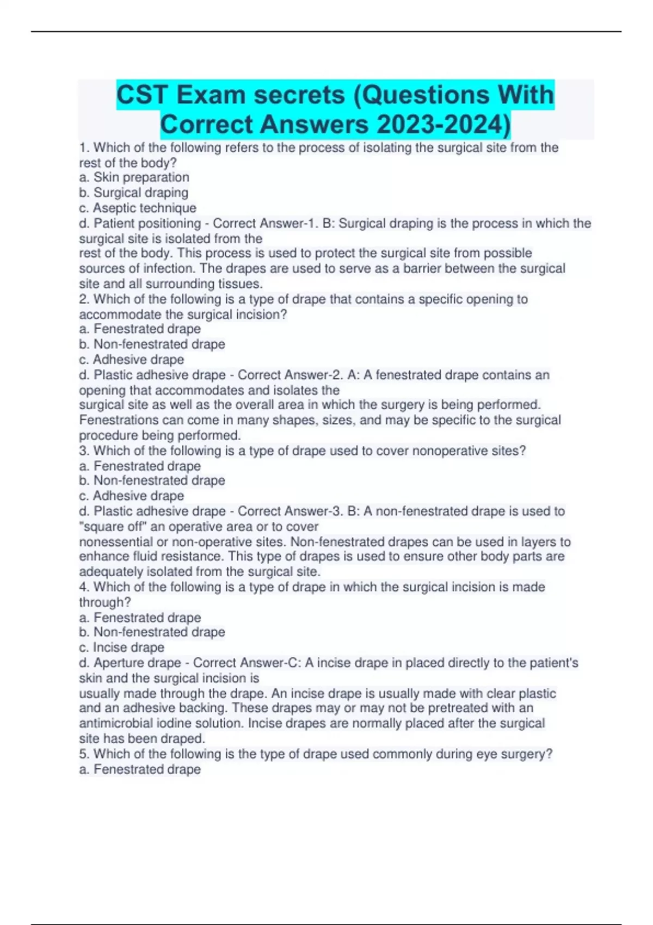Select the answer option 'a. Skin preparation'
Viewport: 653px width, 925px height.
[134, 177]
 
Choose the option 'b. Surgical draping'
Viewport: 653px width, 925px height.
[134, 193]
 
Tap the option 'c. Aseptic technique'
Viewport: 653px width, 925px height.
[138, 208]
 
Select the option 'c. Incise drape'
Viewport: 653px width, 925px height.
[122, 647]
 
